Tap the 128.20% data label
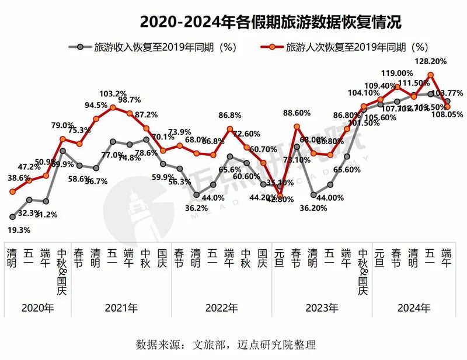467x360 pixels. [x=430, y=61]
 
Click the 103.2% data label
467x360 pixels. [x=113, y=93]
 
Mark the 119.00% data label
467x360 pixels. [x=397, y=73]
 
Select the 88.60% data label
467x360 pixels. [x=297, y=113]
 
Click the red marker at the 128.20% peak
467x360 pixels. [x=430, y=75]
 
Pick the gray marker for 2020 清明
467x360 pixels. [x=12, y=216]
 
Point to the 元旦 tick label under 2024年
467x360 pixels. [x=381, y=259]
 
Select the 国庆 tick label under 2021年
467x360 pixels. [x=163, y=259]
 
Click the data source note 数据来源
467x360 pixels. [x=225, y=344]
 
